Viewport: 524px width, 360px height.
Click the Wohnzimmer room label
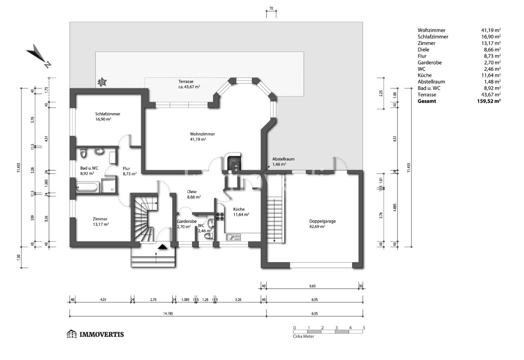click(x=202, y=134)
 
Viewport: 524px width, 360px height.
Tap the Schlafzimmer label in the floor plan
click(x=108, y=114)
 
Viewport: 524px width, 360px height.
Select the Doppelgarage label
click(x=323, y=221)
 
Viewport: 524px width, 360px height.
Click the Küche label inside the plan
click(x=239, y=209)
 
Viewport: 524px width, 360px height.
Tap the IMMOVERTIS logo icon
click(x=72, y=334)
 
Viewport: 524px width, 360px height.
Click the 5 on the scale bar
click(x=364, y=328)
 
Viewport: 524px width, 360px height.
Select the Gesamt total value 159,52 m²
click(x=491, y=101)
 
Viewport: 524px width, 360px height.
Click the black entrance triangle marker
click(x=163, y=247)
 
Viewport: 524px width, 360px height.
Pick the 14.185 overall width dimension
click(x=167, y=314)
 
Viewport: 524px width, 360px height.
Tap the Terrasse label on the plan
click(x=185, y=81)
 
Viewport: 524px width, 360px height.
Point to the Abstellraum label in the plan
click(x=284, y=159)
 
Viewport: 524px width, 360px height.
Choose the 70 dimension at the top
click(x=271, y=9)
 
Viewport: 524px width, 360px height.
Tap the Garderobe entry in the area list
click(x=429, y=62)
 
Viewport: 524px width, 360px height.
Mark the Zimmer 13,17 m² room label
click(x=100, y=219)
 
